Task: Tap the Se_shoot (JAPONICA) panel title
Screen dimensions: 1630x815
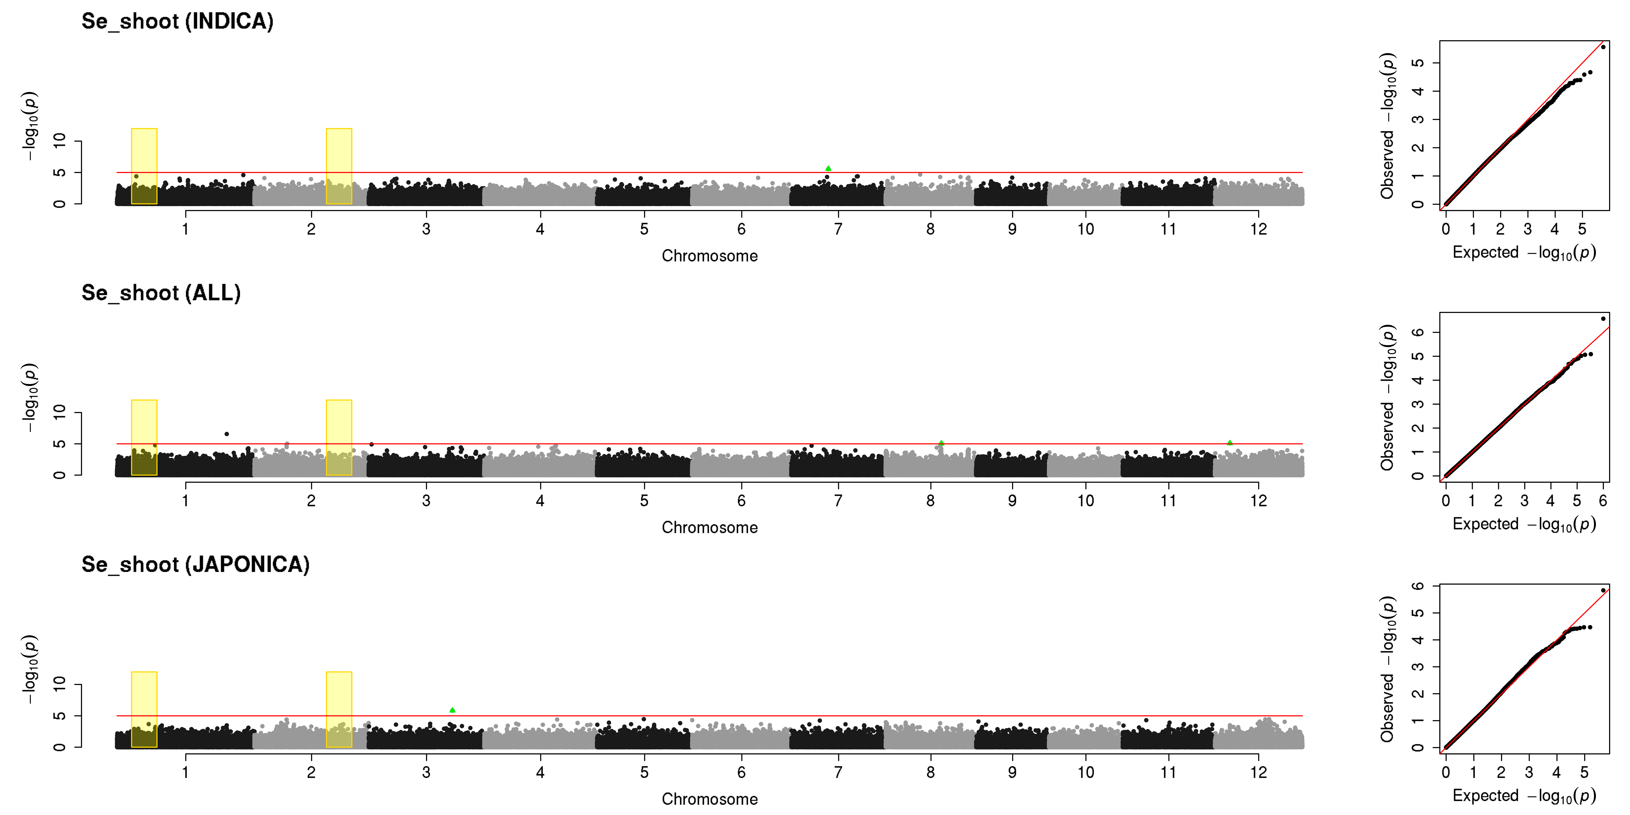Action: pos(196,564)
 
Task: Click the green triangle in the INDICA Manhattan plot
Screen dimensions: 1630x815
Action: pos(828,168)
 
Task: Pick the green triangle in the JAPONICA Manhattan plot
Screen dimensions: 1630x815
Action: pos(452,710)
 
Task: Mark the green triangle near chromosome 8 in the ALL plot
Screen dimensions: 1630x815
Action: pos(941,443)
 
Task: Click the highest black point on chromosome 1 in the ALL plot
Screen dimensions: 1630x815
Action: pos(227,434)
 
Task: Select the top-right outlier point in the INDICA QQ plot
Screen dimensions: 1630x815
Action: pos(1603,47)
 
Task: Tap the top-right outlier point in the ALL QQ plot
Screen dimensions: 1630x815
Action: pos(1603,318)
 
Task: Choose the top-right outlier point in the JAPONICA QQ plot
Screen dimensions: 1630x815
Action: pos(1603,590)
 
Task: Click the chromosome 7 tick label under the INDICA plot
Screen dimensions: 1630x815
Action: pos(838,229)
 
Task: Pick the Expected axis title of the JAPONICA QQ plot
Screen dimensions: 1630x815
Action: pos(1524,796)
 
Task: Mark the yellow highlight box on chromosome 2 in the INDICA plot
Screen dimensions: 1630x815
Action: pos(339,166)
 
